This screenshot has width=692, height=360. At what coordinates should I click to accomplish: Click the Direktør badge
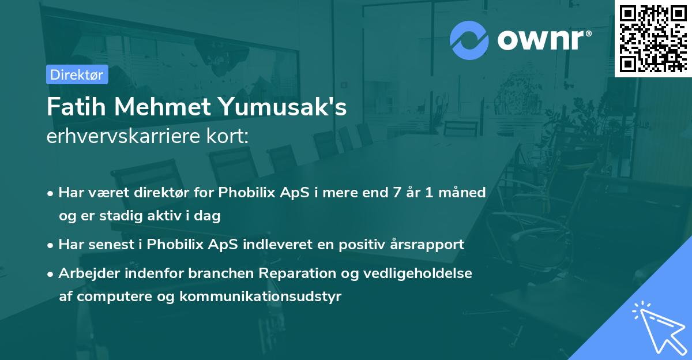coord(77,74)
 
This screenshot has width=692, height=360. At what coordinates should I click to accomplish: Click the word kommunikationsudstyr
coord(261,297)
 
